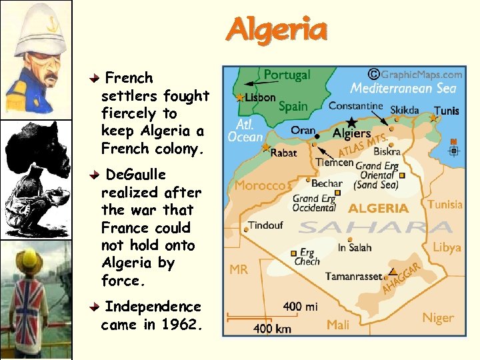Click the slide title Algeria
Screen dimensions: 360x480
point(277,30)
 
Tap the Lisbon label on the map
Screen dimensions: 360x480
point(260,97)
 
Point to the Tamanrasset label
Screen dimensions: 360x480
point(353,276)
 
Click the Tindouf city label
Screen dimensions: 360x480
point(266,225)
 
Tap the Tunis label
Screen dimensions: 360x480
point(446,111)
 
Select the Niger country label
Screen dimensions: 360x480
point(437,318)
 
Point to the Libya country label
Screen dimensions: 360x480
point(447,247)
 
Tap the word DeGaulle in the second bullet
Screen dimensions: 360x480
point(136,175)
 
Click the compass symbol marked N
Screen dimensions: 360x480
point(454,149)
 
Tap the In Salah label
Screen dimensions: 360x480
point(355,247)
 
